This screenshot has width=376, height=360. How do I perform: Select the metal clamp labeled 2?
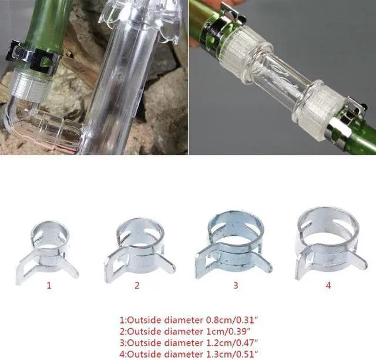click(136, 248)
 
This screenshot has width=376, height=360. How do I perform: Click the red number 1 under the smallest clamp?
click(49, 286)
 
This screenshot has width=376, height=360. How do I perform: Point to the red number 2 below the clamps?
click(137, 286)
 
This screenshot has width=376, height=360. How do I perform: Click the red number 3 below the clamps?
click(236, 286)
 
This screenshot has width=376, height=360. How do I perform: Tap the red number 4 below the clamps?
click(328, 286)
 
